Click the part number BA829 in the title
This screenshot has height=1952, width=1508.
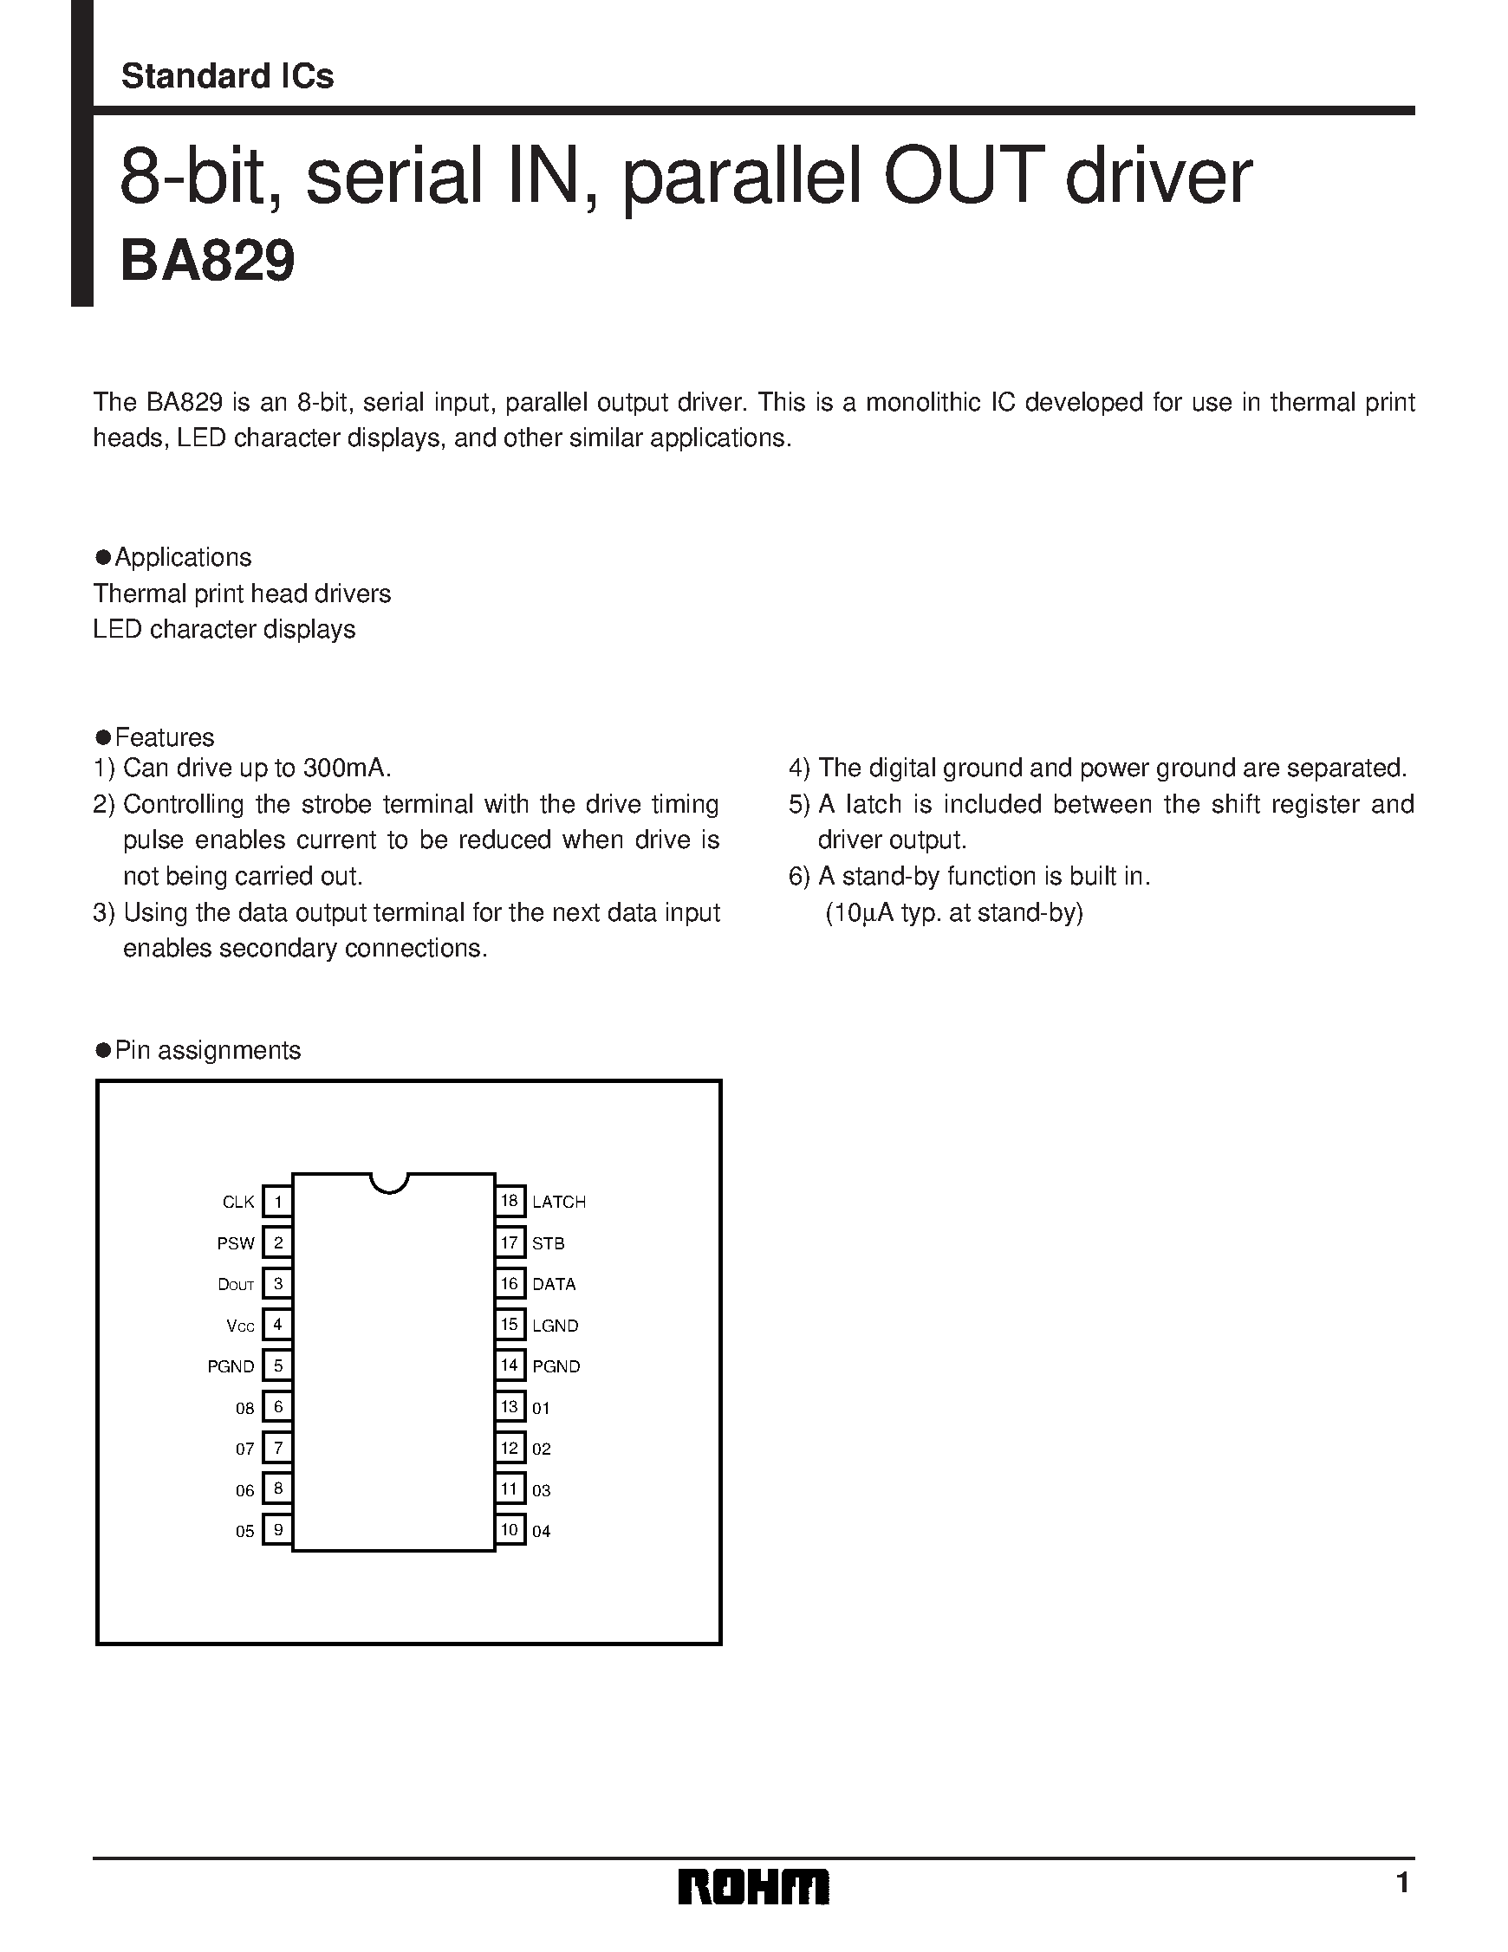pos(207,262)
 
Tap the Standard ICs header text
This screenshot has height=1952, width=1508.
pos(227,76)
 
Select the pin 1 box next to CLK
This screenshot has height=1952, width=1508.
pos(278,1201)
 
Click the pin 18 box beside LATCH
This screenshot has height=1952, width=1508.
pos(510,1200)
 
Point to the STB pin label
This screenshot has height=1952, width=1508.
pos(548,1243)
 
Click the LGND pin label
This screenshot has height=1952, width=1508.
pos(556,1326)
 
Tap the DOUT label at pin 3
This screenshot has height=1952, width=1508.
pos(236,1284)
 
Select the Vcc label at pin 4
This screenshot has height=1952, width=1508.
pos(240,1326)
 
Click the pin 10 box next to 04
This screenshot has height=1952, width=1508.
pos(510,1529)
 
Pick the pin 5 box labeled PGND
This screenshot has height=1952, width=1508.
pos(278,1365)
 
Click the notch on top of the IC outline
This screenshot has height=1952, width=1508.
pos(390,1184)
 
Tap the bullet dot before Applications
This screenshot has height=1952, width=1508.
pos(103,557)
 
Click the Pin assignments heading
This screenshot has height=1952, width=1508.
pos(207,1049)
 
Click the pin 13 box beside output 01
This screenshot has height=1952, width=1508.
pos(510,1407)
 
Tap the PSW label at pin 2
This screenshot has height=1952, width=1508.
pos(236,1243)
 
